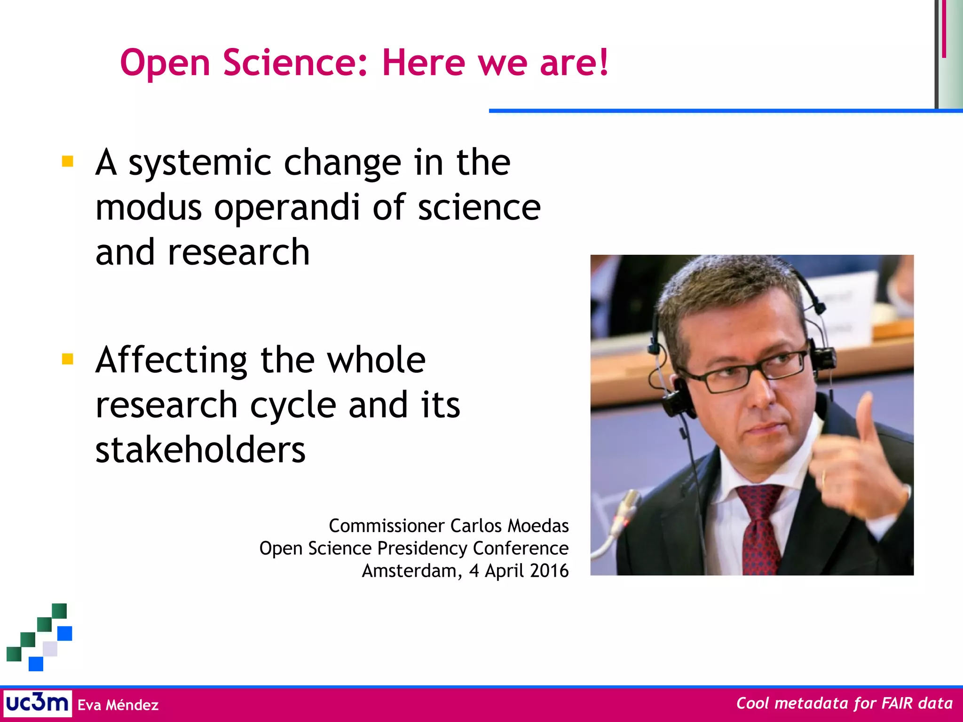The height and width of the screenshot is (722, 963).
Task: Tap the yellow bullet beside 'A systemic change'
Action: [x=68, y=162]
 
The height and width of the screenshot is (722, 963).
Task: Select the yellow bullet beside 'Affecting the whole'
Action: [x=68, y=359]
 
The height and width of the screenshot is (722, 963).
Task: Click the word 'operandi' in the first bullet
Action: [x=287, y=208]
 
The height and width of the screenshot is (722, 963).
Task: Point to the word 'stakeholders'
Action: [x=200, y=450]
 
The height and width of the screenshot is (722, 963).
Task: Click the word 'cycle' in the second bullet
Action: [x=293, y=406]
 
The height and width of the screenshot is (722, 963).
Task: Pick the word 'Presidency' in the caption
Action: [x=422, y=548]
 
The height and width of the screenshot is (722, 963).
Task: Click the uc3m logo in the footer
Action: [x=38, y=704]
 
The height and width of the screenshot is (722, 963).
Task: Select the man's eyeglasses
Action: [x=748, y=371]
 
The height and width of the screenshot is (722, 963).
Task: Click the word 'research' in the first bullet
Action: [x=238, y=252]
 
